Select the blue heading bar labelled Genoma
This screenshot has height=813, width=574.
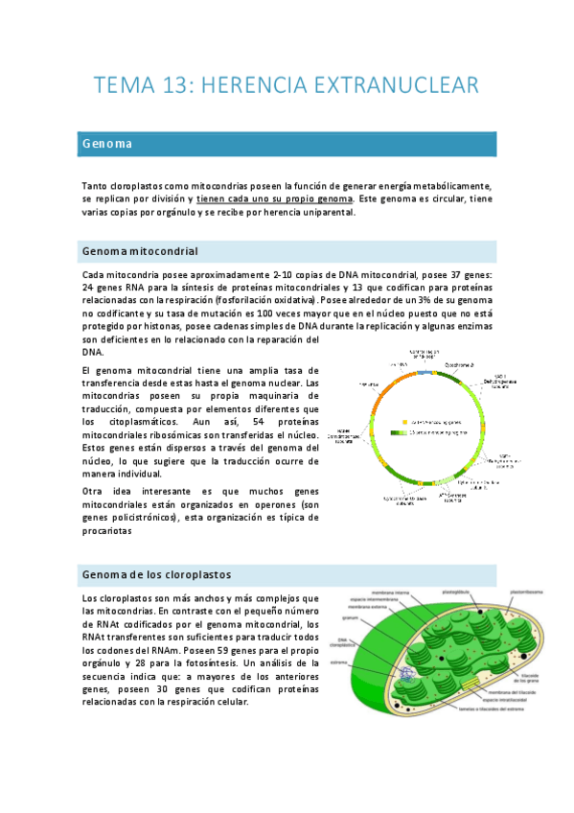point(288,144)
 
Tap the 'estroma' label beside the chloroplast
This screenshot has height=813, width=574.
point(339,662)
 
